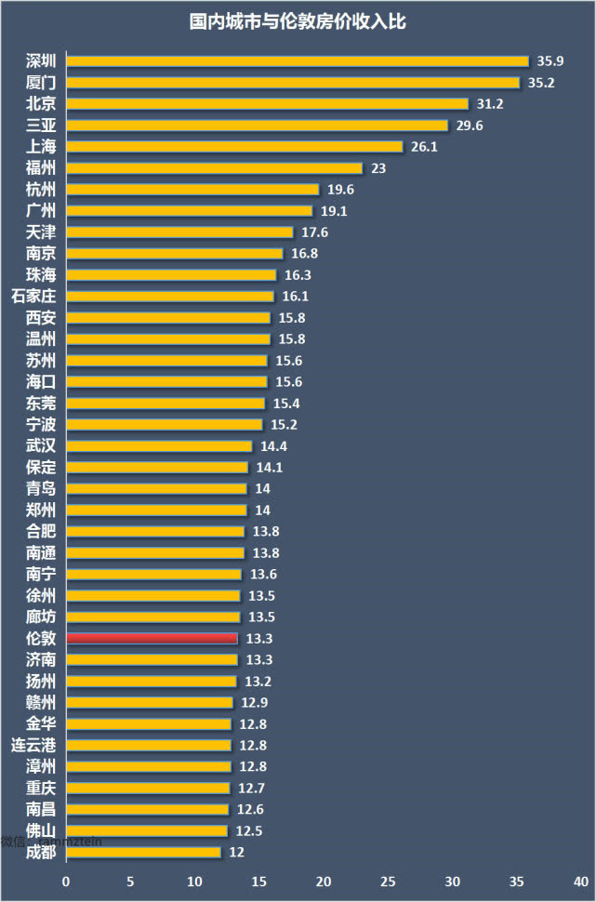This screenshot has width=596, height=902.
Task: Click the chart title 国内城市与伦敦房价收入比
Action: click(x=298, y=21)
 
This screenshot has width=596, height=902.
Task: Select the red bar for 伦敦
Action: click(x=152, y=638)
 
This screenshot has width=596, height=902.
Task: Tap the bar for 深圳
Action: click(x=297, y=60)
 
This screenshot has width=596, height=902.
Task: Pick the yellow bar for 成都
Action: click(x=143, y=852)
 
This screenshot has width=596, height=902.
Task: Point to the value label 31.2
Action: click(x=490, y=103)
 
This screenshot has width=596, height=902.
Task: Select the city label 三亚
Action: click(x=40, y=125)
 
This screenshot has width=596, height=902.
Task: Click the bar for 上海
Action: click(x=234, y=146)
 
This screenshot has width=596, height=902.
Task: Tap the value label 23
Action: click(x=378, y=167)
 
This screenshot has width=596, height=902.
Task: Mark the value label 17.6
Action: click(x=314, y=232)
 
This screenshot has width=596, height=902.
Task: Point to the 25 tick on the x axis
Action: click(x=388, y=881)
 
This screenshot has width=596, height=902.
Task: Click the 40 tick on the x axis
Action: click(x=580, y=881)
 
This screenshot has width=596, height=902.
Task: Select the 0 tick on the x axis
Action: click(x=66, y=881)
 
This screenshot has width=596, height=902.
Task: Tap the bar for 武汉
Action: click(x=158, y=445)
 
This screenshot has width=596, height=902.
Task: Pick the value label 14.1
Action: click(x=270, y=467)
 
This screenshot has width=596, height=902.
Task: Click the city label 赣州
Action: click(x=40, y=702)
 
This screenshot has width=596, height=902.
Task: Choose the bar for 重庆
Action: click(x=148, y=788)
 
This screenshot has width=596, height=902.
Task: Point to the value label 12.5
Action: click(x=248, y=830)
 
